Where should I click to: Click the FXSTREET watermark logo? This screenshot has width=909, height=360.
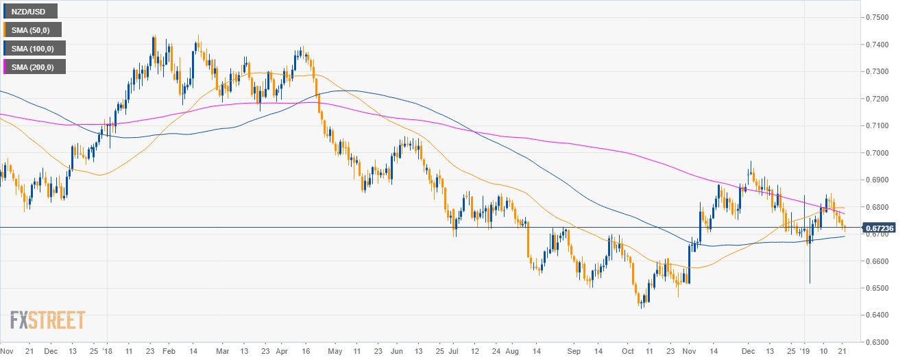point(47,320)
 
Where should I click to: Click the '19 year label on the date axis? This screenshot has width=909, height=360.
point(804,350)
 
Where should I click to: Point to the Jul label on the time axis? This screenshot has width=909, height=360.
point(453,350)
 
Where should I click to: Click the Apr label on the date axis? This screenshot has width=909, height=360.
point(282,350)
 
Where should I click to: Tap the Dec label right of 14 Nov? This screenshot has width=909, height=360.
point(748,350)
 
